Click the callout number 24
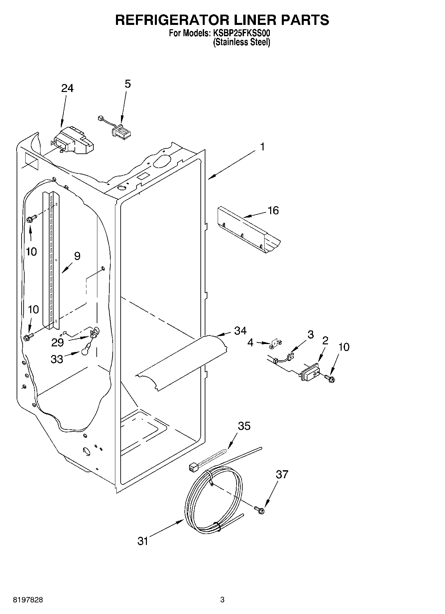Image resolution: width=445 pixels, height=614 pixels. pos(67,88)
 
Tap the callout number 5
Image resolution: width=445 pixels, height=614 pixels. pos(128,84)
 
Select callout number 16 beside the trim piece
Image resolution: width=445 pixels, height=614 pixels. pos(273,211)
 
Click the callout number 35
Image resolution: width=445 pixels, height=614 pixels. pos(244,426)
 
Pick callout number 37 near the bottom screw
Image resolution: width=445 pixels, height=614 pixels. pos(282,475)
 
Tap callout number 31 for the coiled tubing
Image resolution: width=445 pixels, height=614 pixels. pos(143,541)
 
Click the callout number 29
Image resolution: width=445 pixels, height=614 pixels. pos(57,343)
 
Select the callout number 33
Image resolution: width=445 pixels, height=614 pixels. pos(57,359)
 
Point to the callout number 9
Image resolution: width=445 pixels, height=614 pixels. pos(77,256)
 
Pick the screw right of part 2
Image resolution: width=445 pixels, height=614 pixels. pos(330,378)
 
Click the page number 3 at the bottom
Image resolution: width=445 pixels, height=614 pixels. pos(222,600)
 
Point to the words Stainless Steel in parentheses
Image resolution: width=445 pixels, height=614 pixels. pos(241,43)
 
